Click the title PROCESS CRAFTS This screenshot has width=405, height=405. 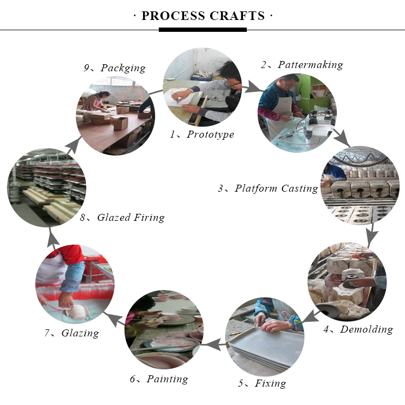[203, 16]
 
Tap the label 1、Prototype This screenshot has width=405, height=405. [202, 134]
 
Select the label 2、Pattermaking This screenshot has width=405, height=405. [302, 65]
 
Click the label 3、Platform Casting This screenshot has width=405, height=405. [268, 188]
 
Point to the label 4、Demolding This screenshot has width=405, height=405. [358, 329]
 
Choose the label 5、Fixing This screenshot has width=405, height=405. [262, 383]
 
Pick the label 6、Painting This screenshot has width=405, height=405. [159, 379]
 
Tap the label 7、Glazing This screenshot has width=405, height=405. [71, 333]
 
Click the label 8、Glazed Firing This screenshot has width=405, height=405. [122, 218]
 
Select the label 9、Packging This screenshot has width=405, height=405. [114, 68]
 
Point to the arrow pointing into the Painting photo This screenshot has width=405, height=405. [213, 345]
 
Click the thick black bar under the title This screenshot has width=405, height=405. [202, 30]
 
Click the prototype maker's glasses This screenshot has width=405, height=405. [232, 83]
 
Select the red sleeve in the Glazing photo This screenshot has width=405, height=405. [72, 254]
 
